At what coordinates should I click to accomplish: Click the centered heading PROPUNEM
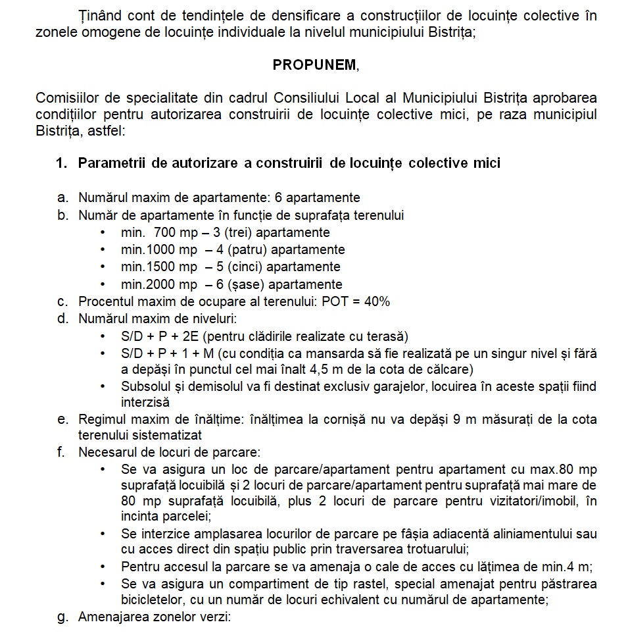[316, 65]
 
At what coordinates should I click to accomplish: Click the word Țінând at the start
[98, 15]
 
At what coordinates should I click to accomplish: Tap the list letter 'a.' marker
[63, 197]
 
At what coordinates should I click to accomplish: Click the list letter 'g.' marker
[63, 617]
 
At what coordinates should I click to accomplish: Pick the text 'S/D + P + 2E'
[155, 336]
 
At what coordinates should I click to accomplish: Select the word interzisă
[145, 402]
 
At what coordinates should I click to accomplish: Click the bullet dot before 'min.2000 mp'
[103, 285]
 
